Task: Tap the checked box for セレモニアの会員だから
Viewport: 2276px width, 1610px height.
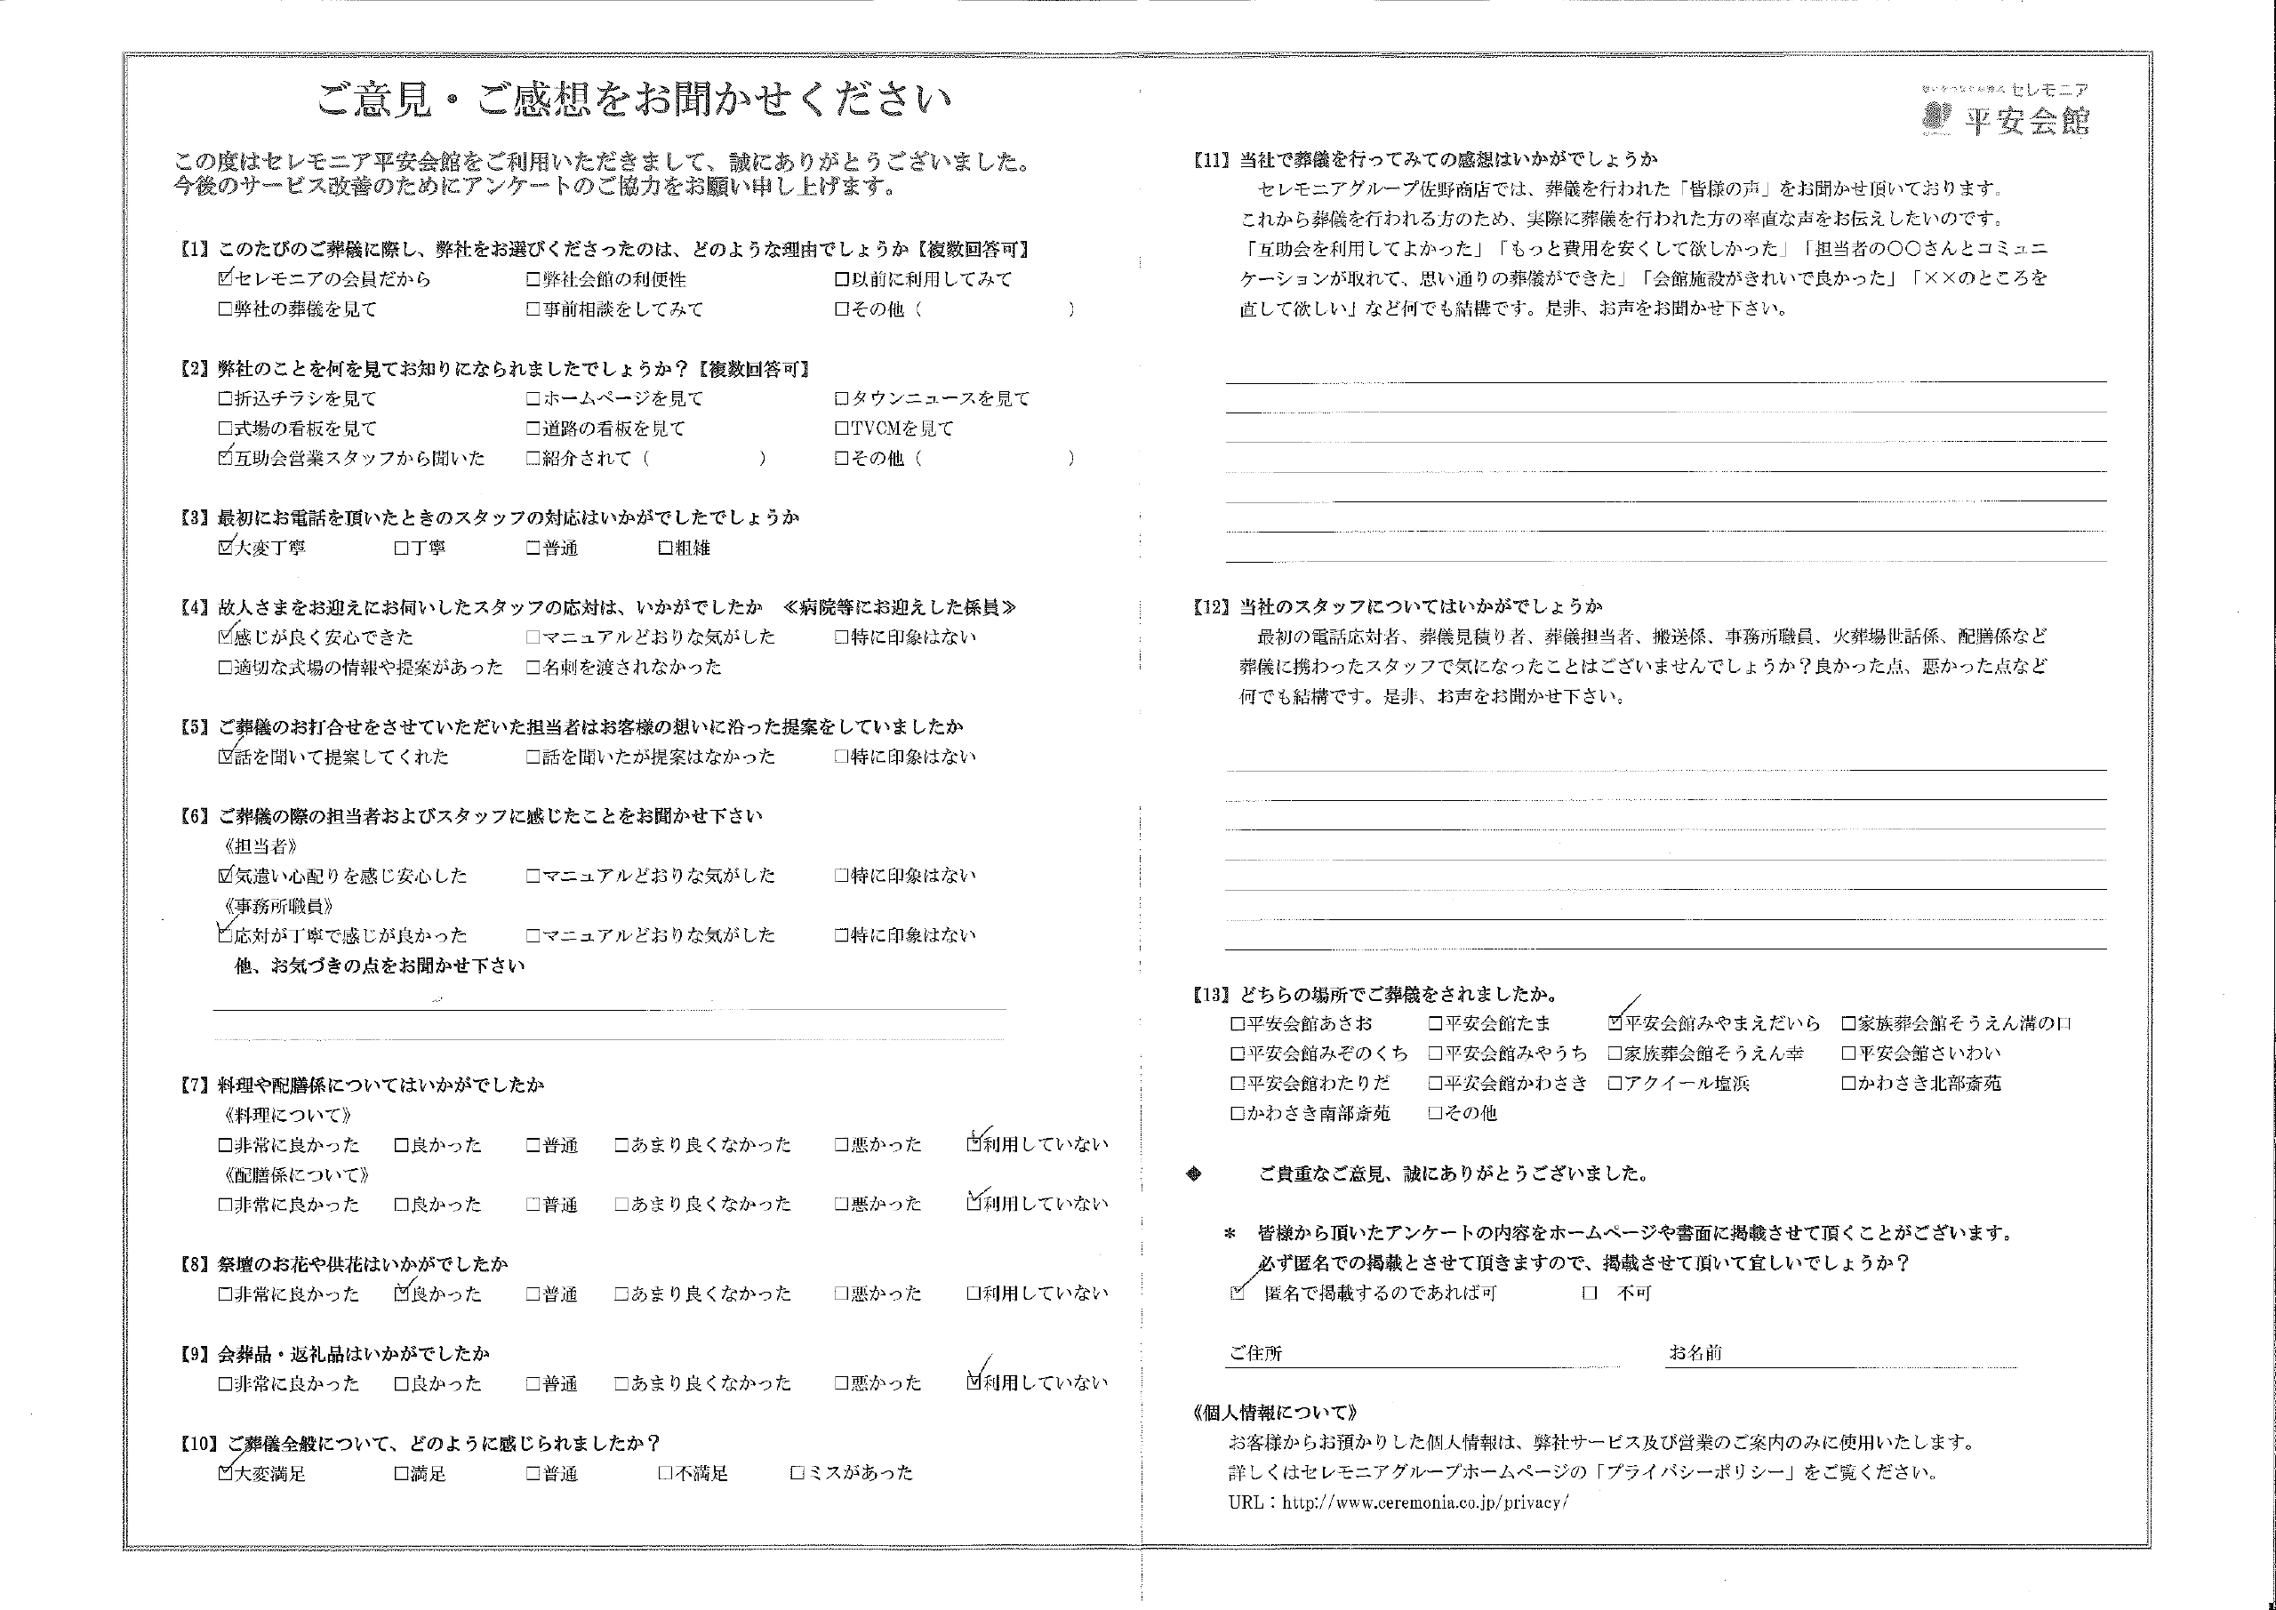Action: pyautogui.click(x=226, y=278)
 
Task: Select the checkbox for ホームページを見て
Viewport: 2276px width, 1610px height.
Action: pyautogui.click(x=534, y=398)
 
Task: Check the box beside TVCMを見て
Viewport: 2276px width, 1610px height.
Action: pyautogui.click(x=842, y=429)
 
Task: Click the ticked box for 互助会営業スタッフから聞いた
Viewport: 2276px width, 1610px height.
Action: pyautogui.click(x=226, y=458)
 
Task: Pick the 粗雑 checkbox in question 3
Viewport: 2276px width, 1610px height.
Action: pyautogui.click(x=665, y=548)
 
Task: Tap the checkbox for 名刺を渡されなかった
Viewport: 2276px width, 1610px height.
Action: pyautogui.click(x=534, y=667)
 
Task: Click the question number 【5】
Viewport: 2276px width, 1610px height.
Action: pyautogui.click(x=195, y=726)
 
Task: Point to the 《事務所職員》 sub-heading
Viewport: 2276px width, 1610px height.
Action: pyautogui.click(x=279, y=906)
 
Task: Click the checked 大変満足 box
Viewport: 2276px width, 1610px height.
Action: pyautogui.click(x=226, y=1473)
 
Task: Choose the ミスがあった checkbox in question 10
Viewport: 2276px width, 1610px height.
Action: pyautogui.click(x=797, y=1473)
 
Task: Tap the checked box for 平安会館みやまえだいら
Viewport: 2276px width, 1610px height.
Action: pyautogui.click(x=1615, y=1022)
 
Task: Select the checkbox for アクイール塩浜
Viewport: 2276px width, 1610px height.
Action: pyautogui.click(x=1615, y=1083)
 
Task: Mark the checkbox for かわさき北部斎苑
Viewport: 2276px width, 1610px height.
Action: pyautogui.click(x=1848, y=1083)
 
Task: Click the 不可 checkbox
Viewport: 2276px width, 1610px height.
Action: pyautogui.click(x=1590, y=1293)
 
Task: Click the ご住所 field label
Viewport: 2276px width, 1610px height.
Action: pyautogui.click(x=1255, y=1352)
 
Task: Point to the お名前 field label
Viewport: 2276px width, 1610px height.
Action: pyautogui.click(x=1695, y=1352)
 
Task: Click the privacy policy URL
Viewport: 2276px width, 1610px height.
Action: pyautogui.click(x=1424, y=1502)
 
